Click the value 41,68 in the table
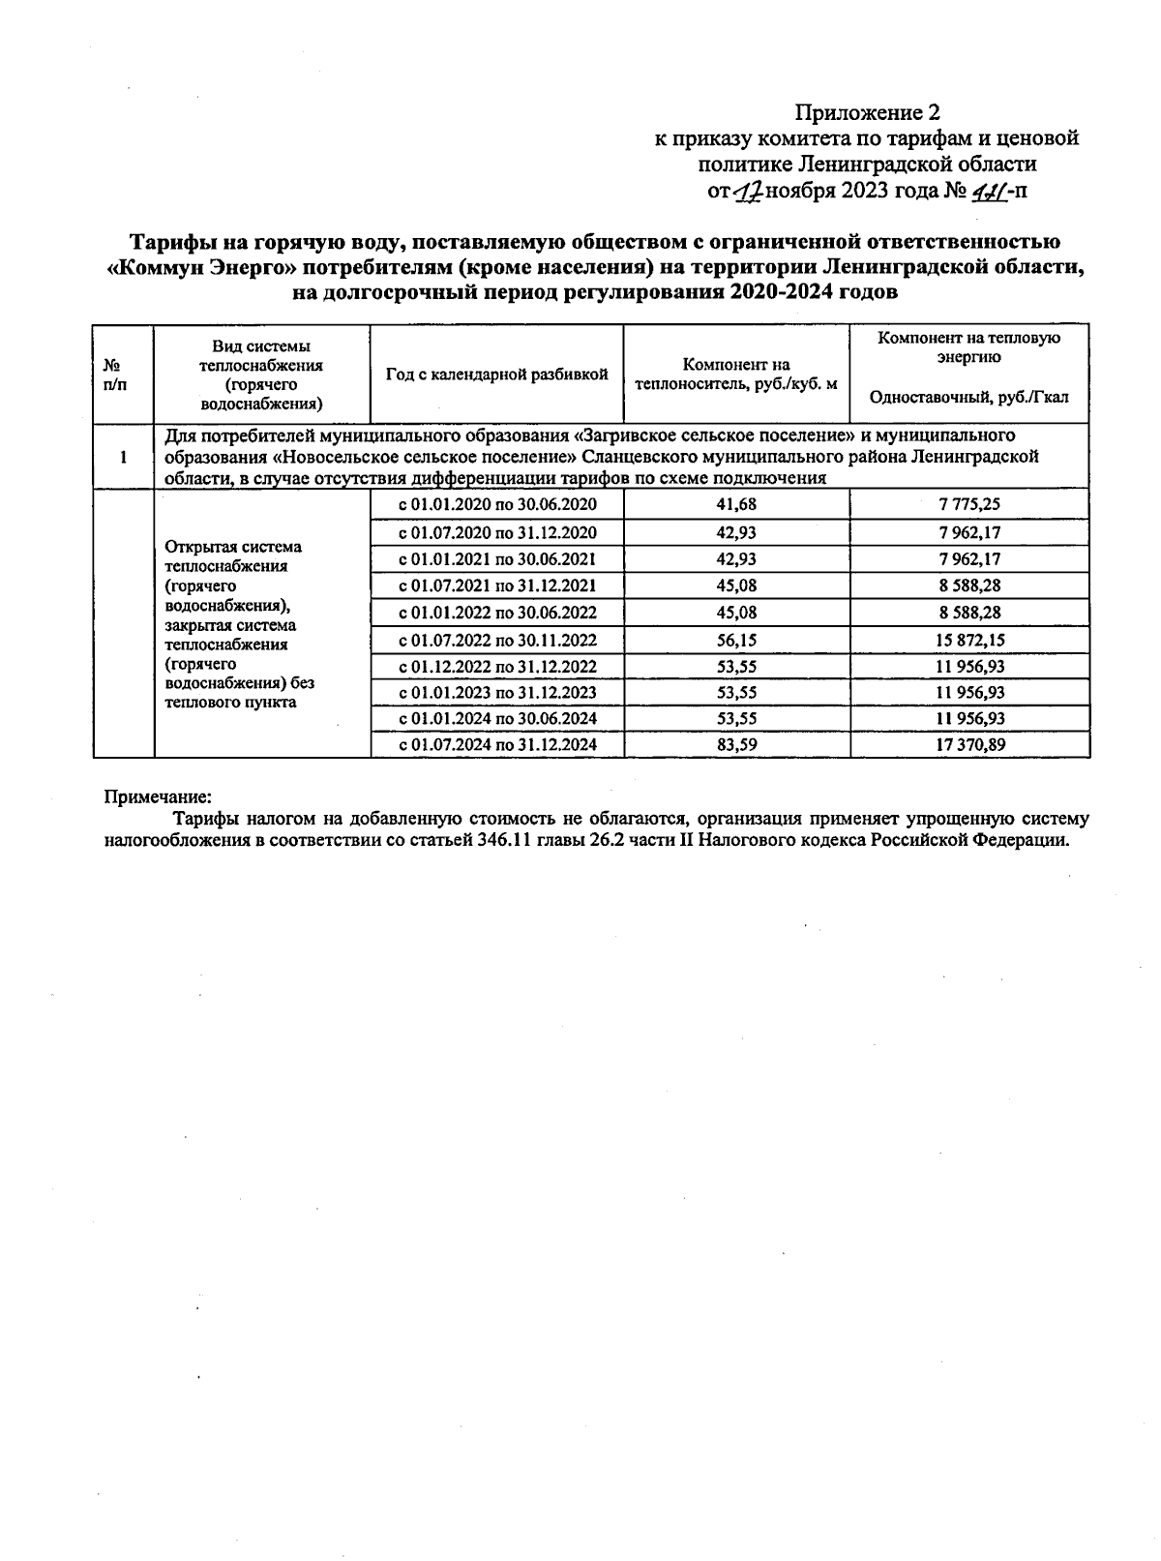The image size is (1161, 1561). click(736, 504)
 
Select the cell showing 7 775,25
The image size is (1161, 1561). click(969, 504)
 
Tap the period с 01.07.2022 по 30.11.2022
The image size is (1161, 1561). click(497, 640)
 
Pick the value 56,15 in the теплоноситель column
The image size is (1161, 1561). click(736, 640)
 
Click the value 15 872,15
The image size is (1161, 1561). click(969, 640)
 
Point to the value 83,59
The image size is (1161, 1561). click(736, 744)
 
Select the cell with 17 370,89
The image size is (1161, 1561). click(969, 744)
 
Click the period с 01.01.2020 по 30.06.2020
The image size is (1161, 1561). click(497, 504)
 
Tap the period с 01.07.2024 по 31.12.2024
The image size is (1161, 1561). click(497, 744)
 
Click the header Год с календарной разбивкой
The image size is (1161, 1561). click(496, 375)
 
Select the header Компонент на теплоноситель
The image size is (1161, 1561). click(736, 375)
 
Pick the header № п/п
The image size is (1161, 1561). click(114, 375)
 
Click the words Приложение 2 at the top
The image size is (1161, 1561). click(867, 112)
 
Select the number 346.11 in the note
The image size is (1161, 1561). click(503, 839)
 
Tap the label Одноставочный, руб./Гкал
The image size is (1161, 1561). click(969, 398)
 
